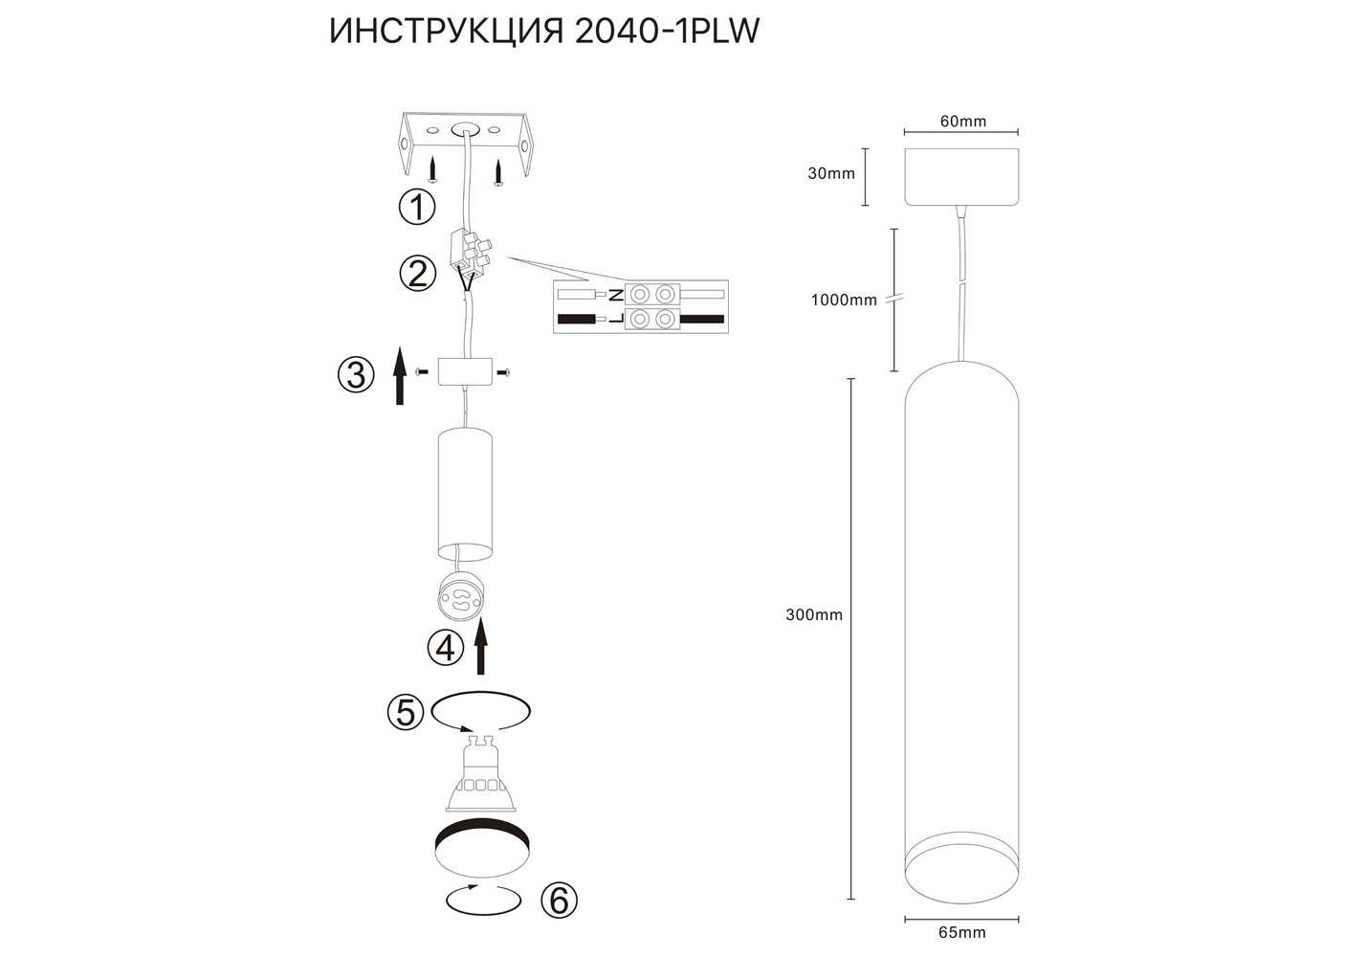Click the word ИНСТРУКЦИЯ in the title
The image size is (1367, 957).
[446, 32]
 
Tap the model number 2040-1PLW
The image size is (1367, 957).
[667, 32]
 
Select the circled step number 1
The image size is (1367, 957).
[417, 207]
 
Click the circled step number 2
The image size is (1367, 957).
[417, 274]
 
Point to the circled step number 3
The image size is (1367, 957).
[356, 375]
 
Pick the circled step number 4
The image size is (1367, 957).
[446, 648]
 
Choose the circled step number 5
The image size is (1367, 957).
[406, 712]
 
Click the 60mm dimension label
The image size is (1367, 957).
[963, 122]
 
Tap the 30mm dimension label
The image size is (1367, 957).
[831, 173]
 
